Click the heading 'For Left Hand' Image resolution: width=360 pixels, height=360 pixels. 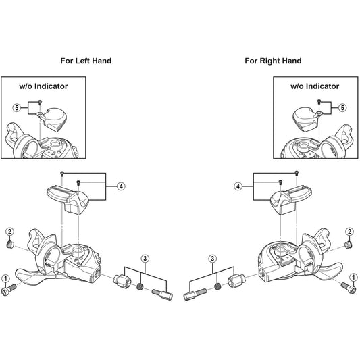click(x=86, y=61)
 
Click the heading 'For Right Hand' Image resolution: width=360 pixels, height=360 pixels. click(x=273, y=61)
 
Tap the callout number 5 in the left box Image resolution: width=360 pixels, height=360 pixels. click(x=17, y=107)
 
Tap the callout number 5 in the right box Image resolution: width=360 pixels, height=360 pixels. click(x=342, y=107)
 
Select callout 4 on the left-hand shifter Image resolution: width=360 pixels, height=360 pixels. click(x=121, y=186)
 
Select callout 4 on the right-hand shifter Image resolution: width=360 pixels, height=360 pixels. click(x=238, y=186)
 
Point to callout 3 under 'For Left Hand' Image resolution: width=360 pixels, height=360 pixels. click(x=145, y=259)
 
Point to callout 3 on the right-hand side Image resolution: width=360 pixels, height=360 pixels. click(x=212, y=259)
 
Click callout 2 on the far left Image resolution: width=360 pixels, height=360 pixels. click(x=9, y=232)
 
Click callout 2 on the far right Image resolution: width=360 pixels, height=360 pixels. click(x=349, y=232)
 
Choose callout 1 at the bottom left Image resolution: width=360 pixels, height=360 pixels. click(x=5, y=279)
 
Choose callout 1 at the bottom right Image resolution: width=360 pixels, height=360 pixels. click(x=353, y=278)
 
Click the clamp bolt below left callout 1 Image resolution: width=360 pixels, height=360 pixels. click(x=9, y=290)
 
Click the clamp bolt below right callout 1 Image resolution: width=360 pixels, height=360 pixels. click(x=349, y=288)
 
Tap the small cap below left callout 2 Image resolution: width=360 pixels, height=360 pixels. click(x=10, y=244)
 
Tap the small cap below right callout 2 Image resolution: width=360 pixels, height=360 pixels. click(x=349, y=245)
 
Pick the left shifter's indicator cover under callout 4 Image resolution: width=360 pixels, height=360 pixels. click(x=68, y=198)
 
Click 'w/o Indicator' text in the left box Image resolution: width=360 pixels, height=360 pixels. click(x=43, y=86)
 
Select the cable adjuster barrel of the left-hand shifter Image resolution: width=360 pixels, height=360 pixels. click(x=122, y=281)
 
